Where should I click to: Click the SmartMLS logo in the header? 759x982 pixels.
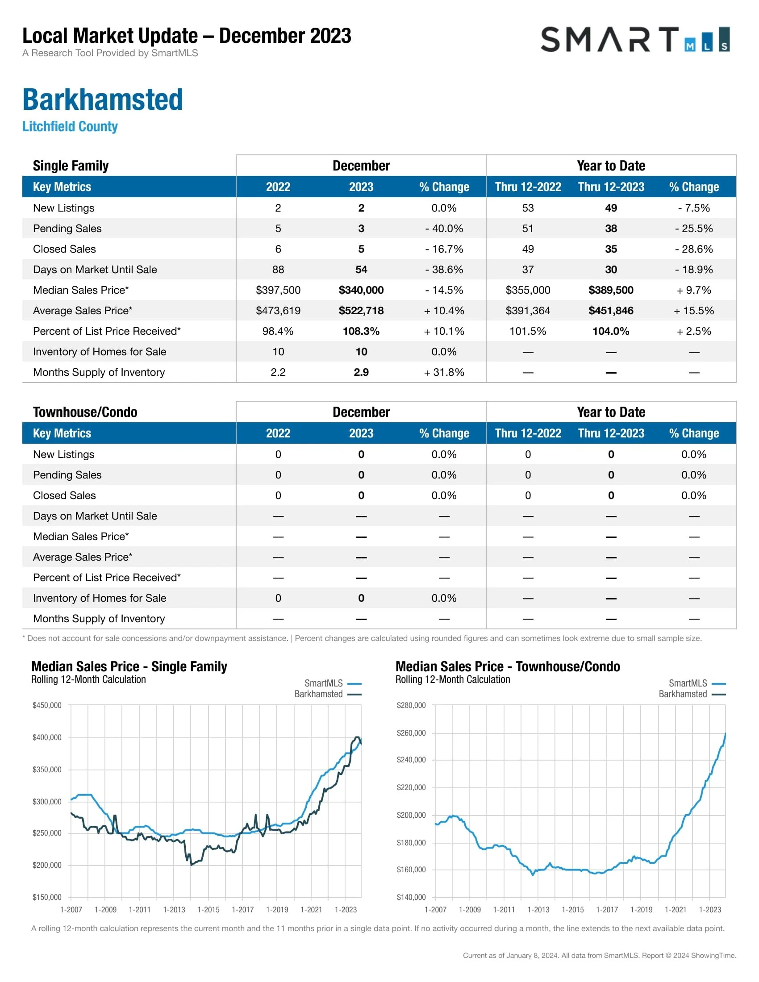coord(634,40)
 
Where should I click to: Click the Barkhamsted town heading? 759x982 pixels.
coord(103,100)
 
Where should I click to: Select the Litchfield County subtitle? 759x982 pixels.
coord(70,126)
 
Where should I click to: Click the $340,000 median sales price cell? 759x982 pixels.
coord(361,290)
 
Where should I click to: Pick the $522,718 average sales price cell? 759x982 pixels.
coord(361,311)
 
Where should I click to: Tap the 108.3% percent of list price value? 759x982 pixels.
coord(361,331)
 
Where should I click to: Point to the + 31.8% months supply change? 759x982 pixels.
coord(444,372)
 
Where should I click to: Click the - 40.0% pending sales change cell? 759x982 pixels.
coord(444,229)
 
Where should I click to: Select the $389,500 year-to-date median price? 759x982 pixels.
coord(611,290)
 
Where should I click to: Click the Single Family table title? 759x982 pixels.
coord(71,166)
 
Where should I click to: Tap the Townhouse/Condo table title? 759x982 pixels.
coord(85,412)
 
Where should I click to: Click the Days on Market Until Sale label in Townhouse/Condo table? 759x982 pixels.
coord(95,516)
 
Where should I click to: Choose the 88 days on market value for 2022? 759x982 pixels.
coord(278,270)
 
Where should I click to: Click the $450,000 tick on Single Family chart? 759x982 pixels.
coord(47,705)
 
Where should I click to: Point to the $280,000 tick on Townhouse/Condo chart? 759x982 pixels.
coord(411,705)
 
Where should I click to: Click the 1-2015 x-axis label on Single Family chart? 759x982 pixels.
coord(209,910)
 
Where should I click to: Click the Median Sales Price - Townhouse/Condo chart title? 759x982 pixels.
coord(508,666)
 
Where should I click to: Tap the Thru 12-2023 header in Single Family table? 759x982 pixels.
coord(611,187)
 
